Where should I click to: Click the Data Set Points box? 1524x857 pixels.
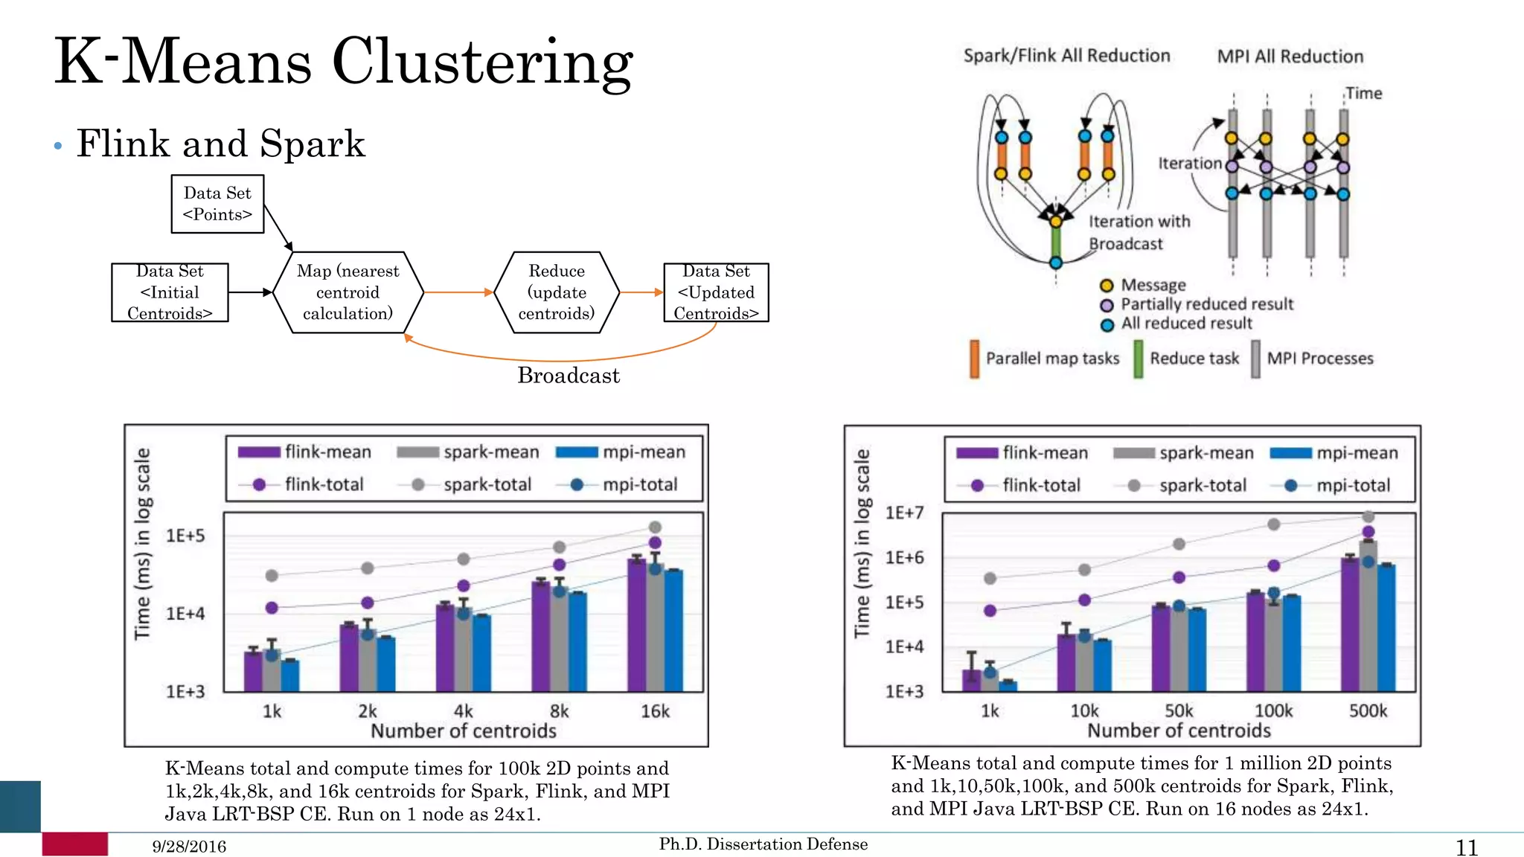(x=217, y=204)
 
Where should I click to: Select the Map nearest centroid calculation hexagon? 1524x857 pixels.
(x=348, y=292)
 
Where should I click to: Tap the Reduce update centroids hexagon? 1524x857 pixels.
(x=557, y=292)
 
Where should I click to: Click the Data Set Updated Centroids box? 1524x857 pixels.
(x=716, y=292)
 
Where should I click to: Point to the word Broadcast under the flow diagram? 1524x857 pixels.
(x=569, y=376)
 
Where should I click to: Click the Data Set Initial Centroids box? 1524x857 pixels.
(x=170, y=292)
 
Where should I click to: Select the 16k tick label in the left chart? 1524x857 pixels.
(x=655, y=711)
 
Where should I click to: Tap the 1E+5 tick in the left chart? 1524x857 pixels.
(x=185, y=536)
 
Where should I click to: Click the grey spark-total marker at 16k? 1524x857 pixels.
(x=655, y=527)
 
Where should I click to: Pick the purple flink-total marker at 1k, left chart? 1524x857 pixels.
(x=272, y=608)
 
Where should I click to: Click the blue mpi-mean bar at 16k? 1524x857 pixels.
(x=673, y=632)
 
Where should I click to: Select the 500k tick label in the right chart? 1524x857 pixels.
(x=1368, y=710)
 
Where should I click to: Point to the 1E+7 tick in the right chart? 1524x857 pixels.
(x=904, y=513)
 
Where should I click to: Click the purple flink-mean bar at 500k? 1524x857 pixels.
(x=1350, y=625)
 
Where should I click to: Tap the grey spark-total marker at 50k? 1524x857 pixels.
(x=1179, y=544)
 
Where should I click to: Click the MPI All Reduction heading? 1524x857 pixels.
(x=1290, y=57)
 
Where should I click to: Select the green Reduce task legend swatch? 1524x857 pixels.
(x=1138, y=359)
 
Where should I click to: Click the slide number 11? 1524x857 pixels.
(x=1466, y=847)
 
